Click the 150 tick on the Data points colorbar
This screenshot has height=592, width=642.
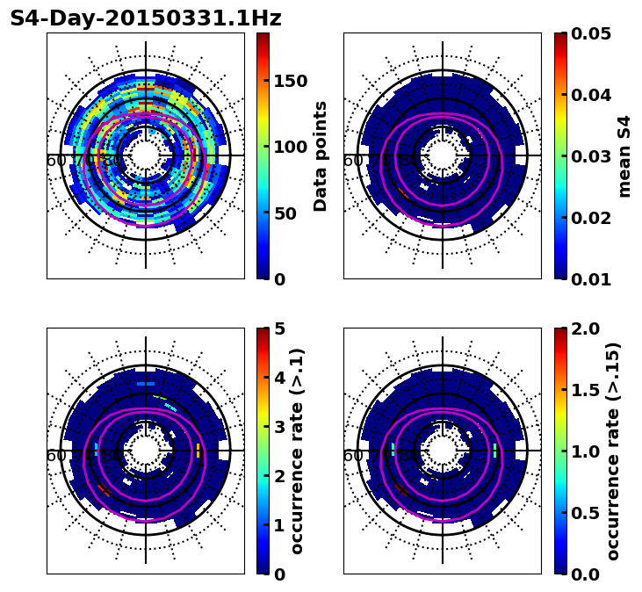click(x=290, y=82)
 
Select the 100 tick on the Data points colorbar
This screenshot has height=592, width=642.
click(x=290, y=148)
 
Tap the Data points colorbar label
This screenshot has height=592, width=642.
click(x=321, y=155)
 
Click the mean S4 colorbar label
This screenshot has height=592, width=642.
click(x=624, y=155)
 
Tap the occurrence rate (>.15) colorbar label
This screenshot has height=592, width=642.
click(x=613, y=451)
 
